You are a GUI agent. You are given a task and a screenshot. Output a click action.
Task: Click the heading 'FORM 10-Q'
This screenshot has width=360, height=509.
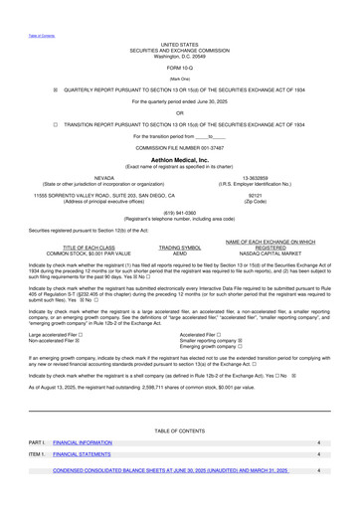[x=180, y=67]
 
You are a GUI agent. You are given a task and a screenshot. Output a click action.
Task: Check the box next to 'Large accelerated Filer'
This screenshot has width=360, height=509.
[x=93, y=335]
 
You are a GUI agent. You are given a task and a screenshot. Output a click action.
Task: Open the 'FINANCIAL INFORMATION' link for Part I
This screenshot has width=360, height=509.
[x=83, y=440]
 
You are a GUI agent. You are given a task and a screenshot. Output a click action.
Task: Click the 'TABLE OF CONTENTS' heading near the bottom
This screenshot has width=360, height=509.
[x=180, y=428]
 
